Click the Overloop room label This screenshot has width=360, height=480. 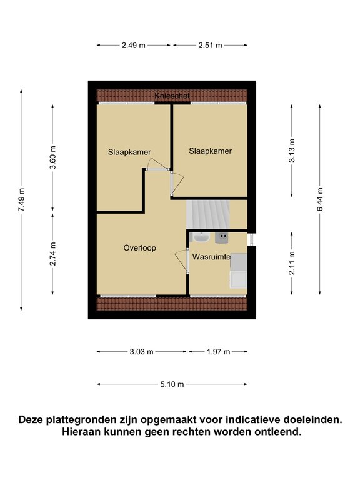click(139, 248)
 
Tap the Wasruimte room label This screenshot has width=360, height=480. click(211, 257)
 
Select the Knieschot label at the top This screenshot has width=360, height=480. click(172, 96)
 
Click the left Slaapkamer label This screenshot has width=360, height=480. click(129, 152)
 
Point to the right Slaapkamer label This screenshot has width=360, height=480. click(210, 151)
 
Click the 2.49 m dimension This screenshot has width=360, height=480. click(134, 45)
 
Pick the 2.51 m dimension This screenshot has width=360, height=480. click(210, 45)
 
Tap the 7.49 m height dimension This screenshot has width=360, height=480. click(21, 199)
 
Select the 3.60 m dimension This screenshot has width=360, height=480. click(52, 157)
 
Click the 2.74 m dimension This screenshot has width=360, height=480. click(52, 254)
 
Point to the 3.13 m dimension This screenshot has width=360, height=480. click(292, 151)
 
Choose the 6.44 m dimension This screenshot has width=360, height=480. click(320, 199)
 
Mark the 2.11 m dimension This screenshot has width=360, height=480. click(292, 263)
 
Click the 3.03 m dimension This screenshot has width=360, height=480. click(141, 352)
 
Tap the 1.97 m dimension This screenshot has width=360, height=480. click(218, 352)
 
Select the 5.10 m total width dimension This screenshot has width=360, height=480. click(172, 384)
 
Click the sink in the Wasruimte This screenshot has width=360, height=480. click(201, 237)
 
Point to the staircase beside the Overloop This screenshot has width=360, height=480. click(208, 214)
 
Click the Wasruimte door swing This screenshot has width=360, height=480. click(181, 261)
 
